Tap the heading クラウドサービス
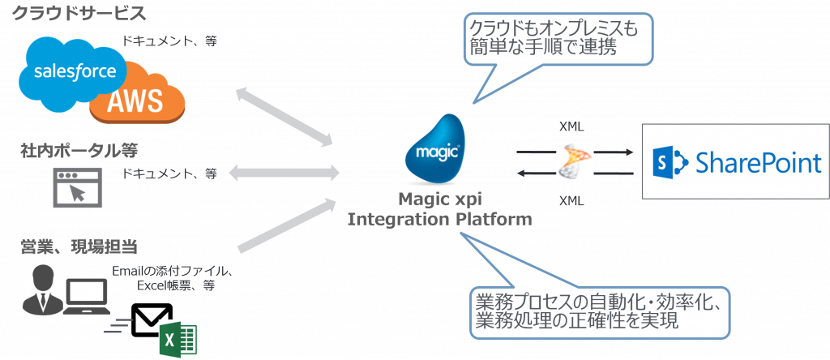(79, 14)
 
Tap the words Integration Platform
(440, 220)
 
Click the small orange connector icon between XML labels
(575, 161)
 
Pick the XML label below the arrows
(572, 199)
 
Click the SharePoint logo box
(735, 161)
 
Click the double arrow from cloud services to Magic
(286, 113)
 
